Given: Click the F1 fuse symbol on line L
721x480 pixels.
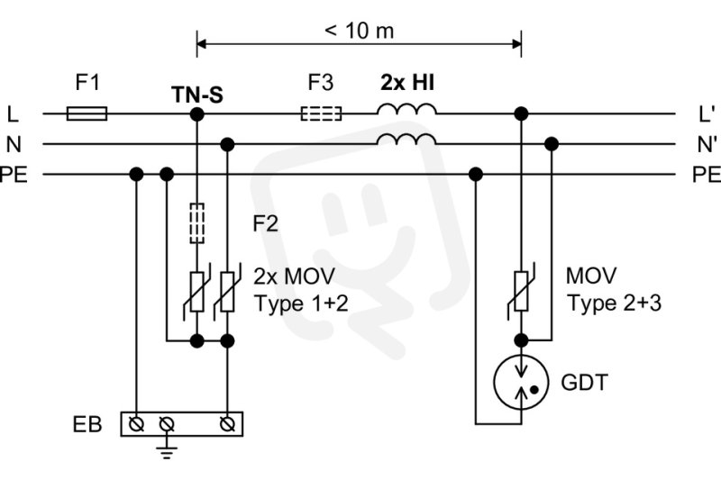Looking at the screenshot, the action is click(87, 113).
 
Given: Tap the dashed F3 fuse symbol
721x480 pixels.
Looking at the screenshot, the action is click(322, 113).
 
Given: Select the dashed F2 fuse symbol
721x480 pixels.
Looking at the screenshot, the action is click(196, 222).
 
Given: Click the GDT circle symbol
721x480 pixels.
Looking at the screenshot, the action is click(521, 382).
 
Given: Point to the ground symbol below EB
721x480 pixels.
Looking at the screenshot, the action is click(167, 451).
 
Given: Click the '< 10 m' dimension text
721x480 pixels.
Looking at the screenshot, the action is click(359, 31).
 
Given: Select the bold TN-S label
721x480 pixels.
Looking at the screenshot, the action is click(197, 95).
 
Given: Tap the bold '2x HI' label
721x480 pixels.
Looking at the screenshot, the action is click(407, 83).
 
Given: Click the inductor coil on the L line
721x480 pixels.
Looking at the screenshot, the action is click(406, 109).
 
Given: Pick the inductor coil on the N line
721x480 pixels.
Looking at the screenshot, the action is click(406, 140).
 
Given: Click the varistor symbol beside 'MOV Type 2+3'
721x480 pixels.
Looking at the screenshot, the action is click(521, 291).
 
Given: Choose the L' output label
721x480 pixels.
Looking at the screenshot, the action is click(707, 113).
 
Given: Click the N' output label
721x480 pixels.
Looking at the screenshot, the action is click(707, 144).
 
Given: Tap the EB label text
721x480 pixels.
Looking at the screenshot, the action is click(87, 424).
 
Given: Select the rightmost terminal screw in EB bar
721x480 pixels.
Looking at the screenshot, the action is click(227, 424).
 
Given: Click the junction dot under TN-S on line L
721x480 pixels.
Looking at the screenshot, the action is click(196, 113).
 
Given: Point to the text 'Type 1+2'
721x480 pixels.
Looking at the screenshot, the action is click(301, 304).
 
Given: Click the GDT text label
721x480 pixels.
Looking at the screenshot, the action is click(584, 382).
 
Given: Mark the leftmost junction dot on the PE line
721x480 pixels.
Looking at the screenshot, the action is click(136, 175).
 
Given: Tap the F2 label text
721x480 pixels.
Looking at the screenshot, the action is click(266, 223).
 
